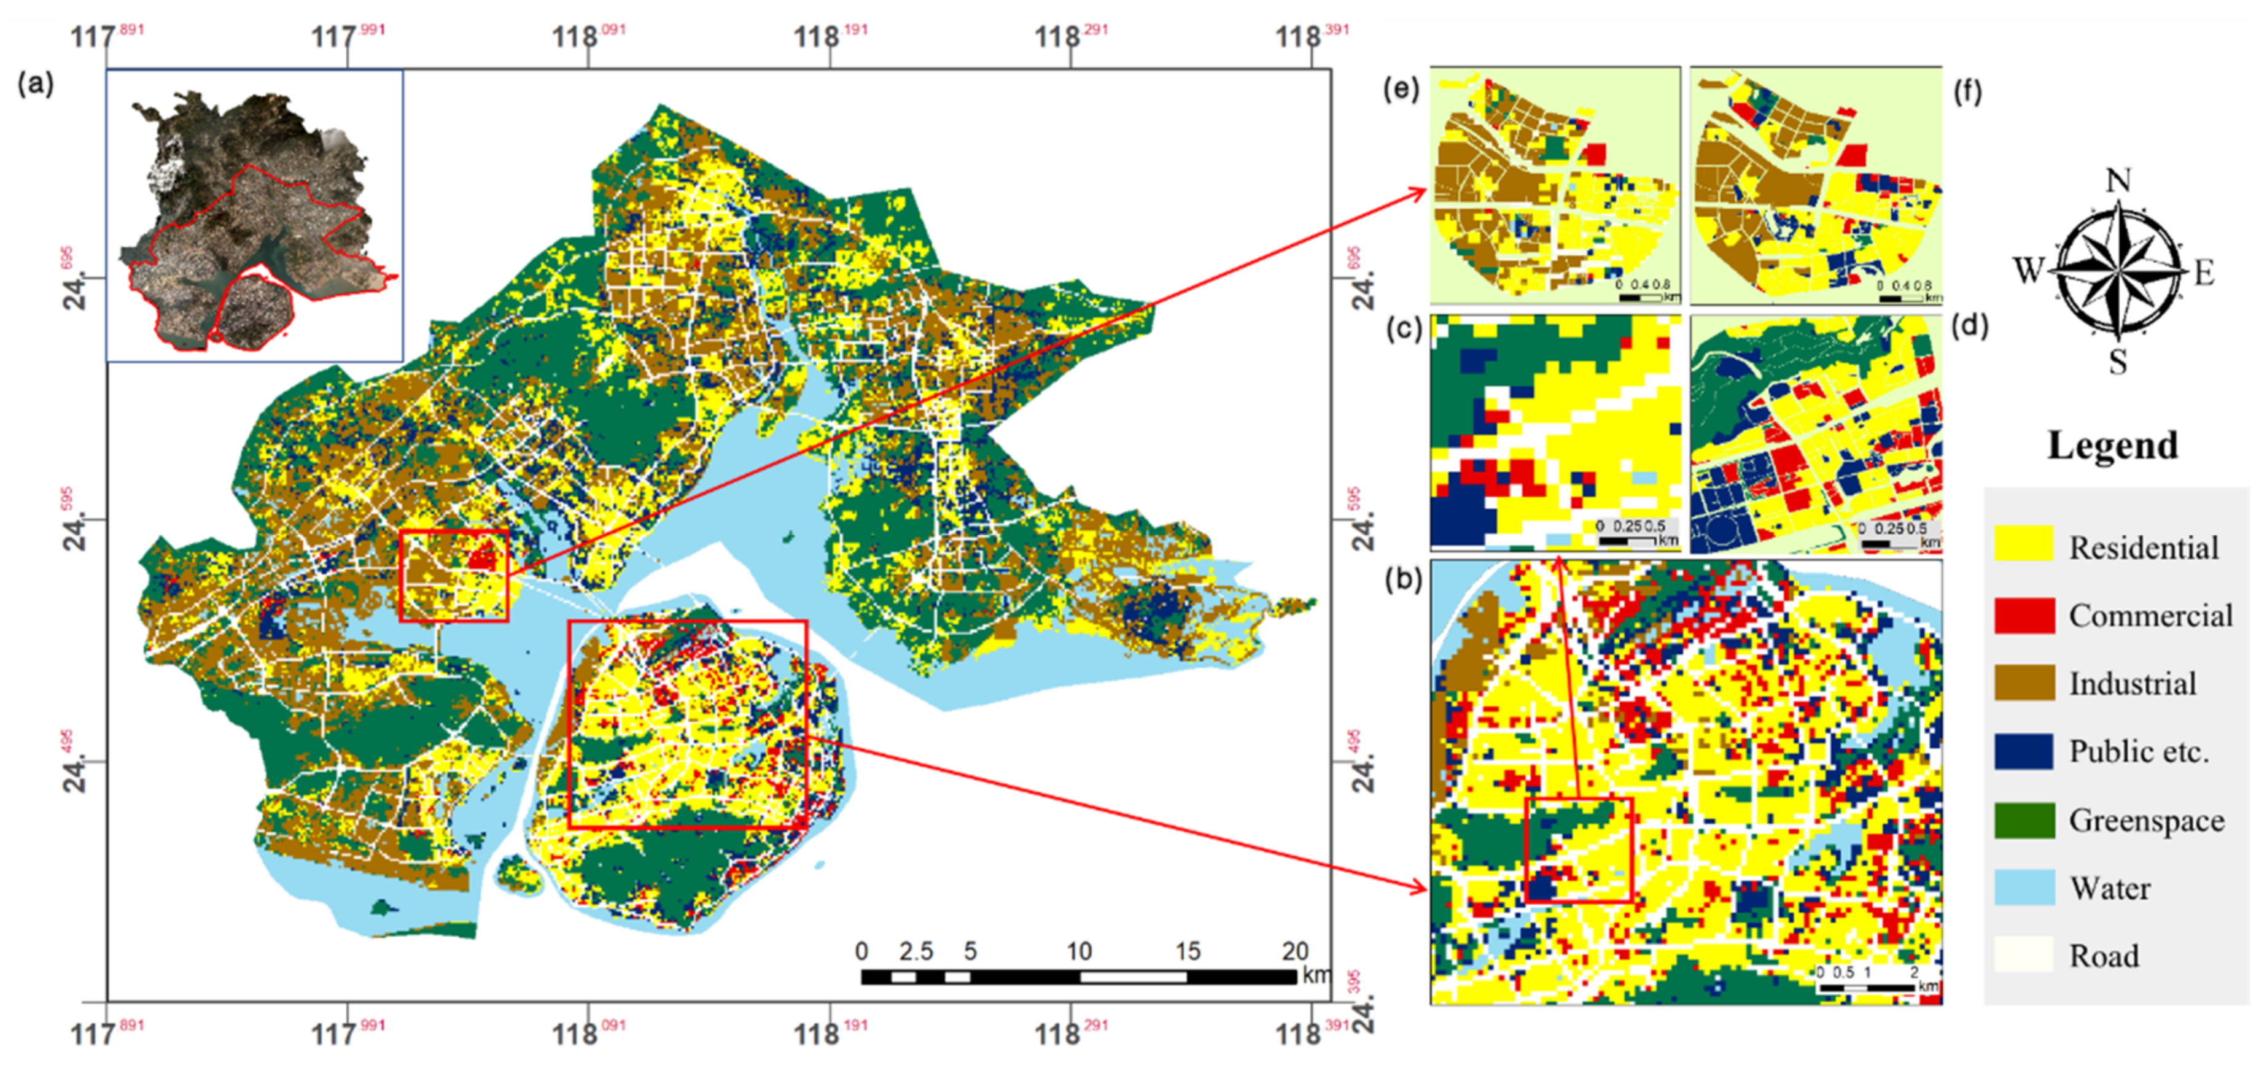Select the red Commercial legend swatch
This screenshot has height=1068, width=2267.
pyautogui.click(x=2023, y=614)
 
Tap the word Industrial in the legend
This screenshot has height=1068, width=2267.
pyautogui.click(x=2131, y=684)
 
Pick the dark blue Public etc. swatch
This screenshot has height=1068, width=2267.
pyautogui.click(x=2023, y=751)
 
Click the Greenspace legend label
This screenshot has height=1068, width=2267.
pyautogui.click(x=2145, y=820)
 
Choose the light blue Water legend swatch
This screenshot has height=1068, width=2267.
pyautogui.click(x=2023, y=887)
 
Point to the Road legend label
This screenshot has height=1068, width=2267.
pyautogui.click(x=2103, y=956)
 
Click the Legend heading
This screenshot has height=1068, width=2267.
pyautogui.click(x=2112, y=445)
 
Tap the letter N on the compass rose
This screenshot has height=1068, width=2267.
pyautogui.click(x=2117, y=180)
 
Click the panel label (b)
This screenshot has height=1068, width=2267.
pyautogui.click(x=1403, y=579)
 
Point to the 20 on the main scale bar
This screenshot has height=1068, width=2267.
pyautogui.click(x=1294, y=951)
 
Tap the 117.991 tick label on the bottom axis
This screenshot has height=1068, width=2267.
pyautogui.click(x=347, y=1033)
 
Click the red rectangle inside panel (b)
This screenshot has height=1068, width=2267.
pyautogui.click(x=1578, y=850)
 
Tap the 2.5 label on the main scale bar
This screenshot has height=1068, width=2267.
pyautogui.click(x=916, y=951)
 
